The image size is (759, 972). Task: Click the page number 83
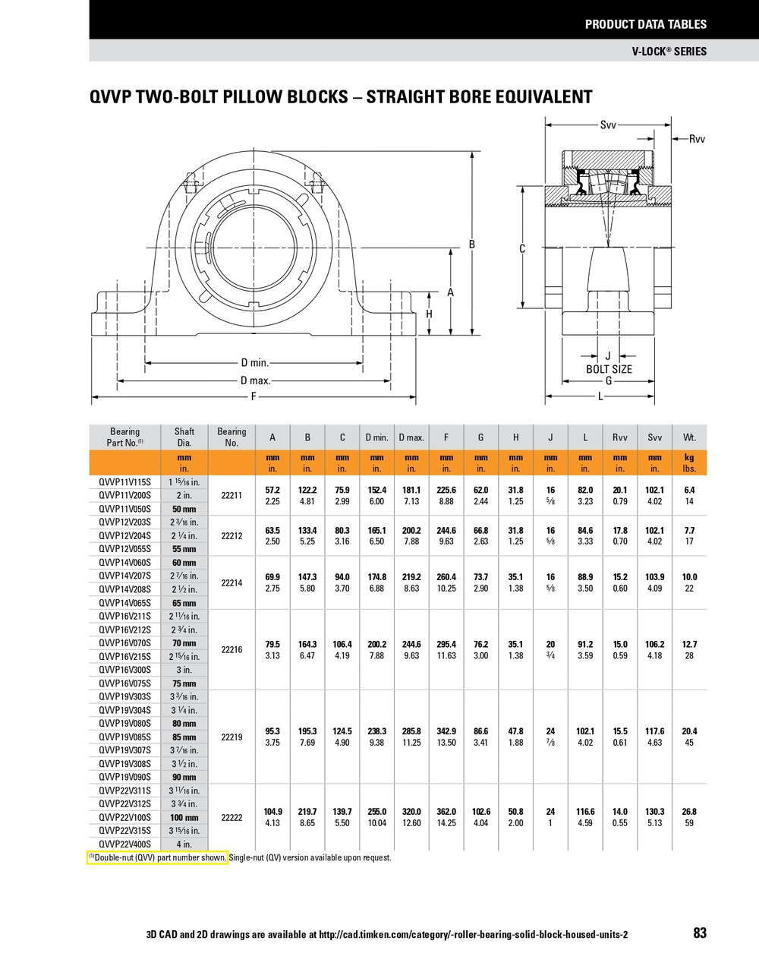[699, 933]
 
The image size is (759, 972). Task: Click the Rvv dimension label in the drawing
[697, 139]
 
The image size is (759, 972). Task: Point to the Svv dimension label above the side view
[608, 125]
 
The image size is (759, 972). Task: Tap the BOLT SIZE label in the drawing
[609, 369]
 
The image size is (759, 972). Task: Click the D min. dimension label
[255, 363]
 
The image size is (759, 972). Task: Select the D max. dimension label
[255, 380]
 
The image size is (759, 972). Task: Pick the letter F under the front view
[254, 397]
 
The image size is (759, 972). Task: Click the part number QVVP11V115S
[125, 482]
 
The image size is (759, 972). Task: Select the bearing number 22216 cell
[231, 650]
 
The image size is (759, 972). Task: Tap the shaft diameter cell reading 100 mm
[184, 818]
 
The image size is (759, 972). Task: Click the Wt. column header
[689, 437]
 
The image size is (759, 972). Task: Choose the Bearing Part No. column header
[125, 437]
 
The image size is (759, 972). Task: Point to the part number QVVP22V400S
[125, 844]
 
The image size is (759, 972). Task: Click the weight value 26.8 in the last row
[689, 812]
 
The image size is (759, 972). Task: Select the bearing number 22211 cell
[231, 496]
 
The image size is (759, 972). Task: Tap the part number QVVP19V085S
[125, 737]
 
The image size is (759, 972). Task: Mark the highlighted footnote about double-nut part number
[158, 858]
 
